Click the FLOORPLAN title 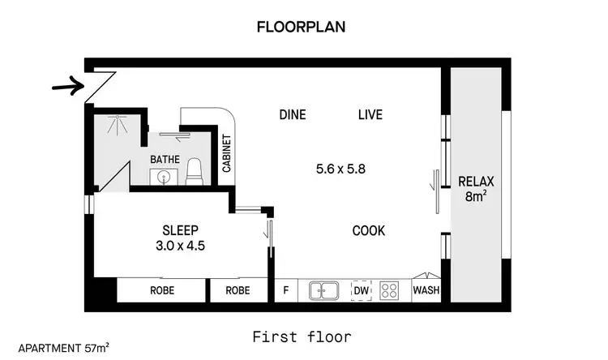tap(301, 26)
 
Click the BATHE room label tap(165, 159)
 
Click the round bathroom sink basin tap(165, 177)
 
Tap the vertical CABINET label tap(228, 155)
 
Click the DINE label tap(292, 114)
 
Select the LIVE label tap(370, 114)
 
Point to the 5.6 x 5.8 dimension tap(341, 169)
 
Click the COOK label tap(368, 231)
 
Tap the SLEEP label tap(180, 229)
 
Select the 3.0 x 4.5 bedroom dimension tap(181, 244)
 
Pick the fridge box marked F tap(285, 289)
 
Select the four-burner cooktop tap(390, 289)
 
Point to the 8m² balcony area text tap(475, 195)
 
